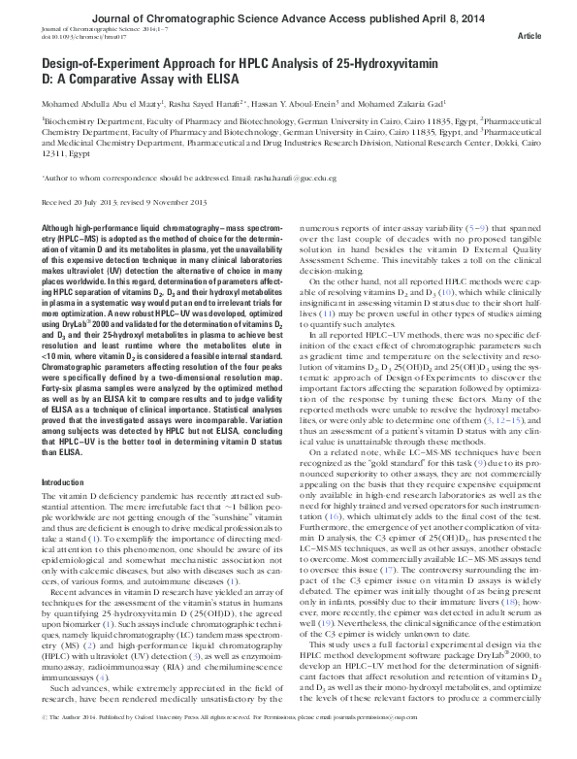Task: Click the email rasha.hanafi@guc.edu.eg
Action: (x=290, y=180)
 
